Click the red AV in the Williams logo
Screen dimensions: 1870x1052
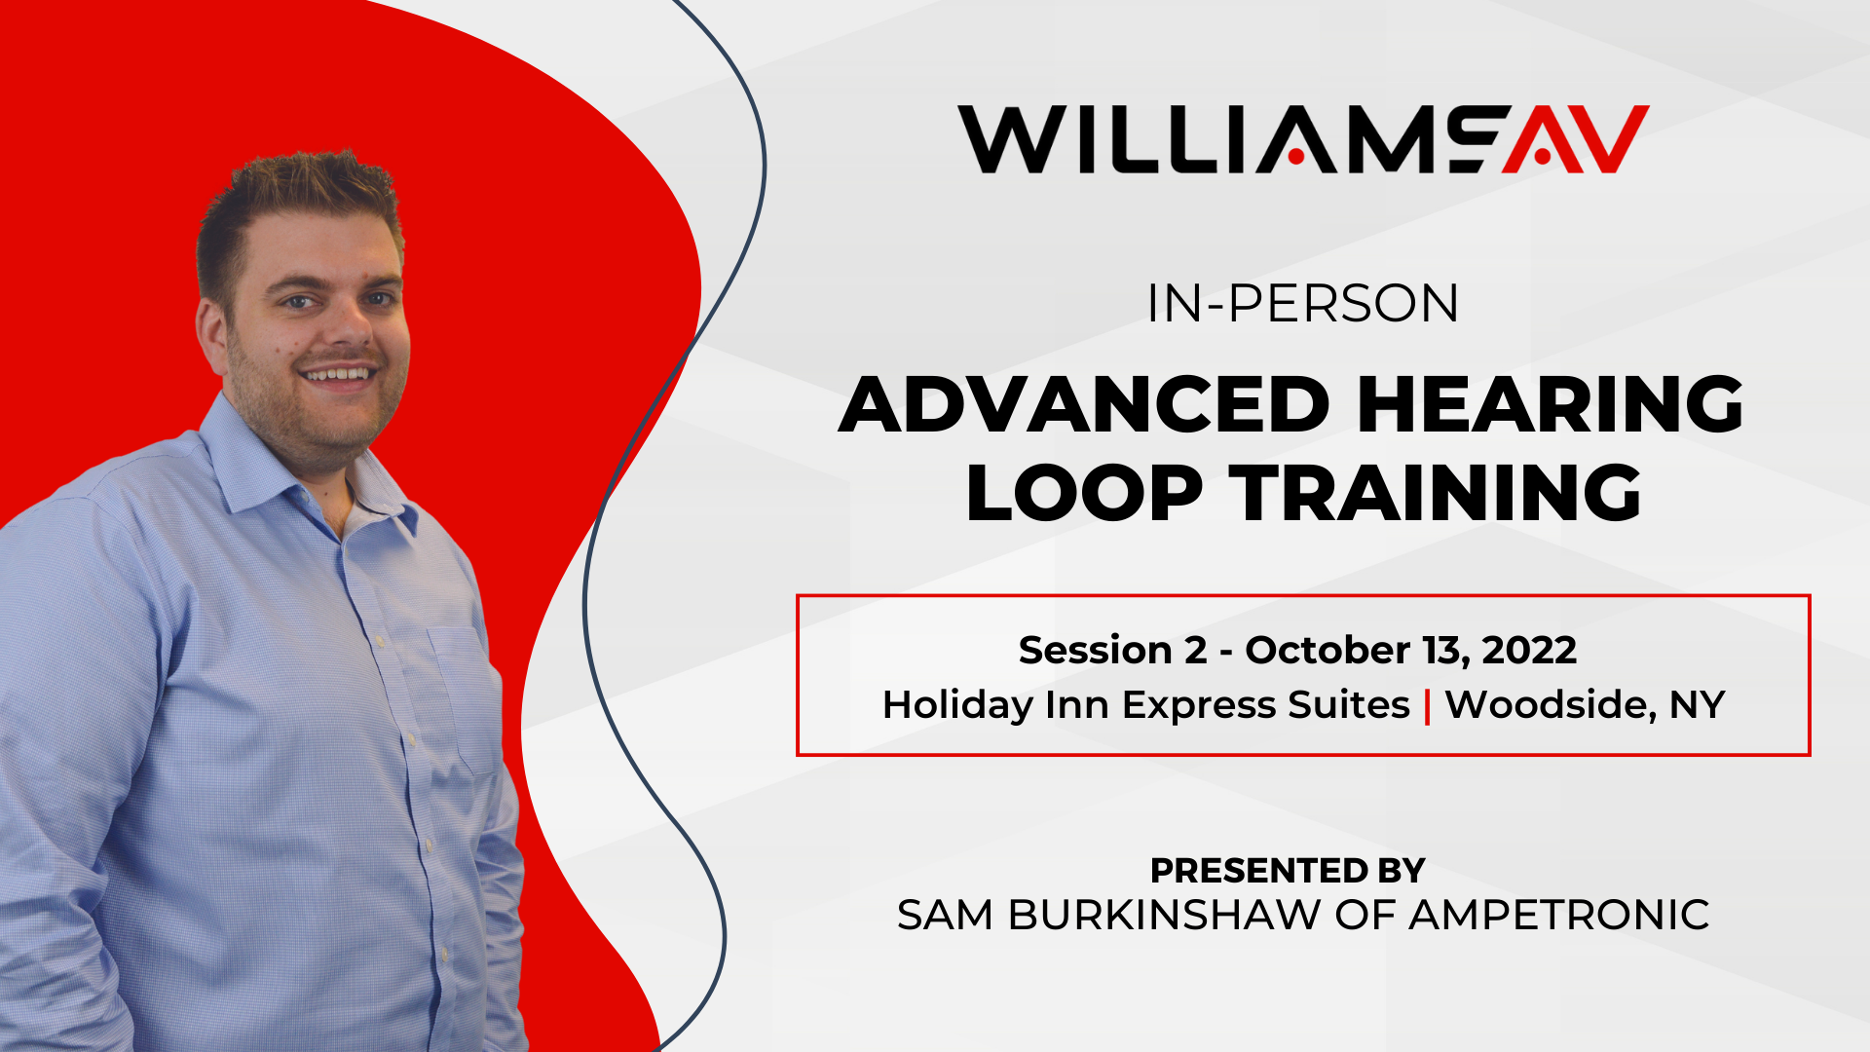[x=1576, y=139]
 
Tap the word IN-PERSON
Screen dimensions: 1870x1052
[x=1303, y=304]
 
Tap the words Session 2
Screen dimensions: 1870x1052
[x=1113, y=650]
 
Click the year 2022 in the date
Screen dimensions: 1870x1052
[x=1529, y=650]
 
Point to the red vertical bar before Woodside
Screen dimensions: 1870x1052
[x=1428, y=705]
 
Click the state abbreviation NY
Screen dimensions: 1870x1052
[x=1698, y=704]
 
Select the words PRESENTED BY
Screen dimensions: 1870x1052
[x=1288, y=870]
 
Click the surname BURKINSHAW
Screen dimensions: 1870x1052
[x=1164, y=915]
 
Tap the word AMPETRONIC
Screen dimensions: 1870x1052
[x=1559, y=915]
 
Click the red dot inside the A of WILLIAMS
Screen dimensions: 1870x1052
[x=1296, y=156]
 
